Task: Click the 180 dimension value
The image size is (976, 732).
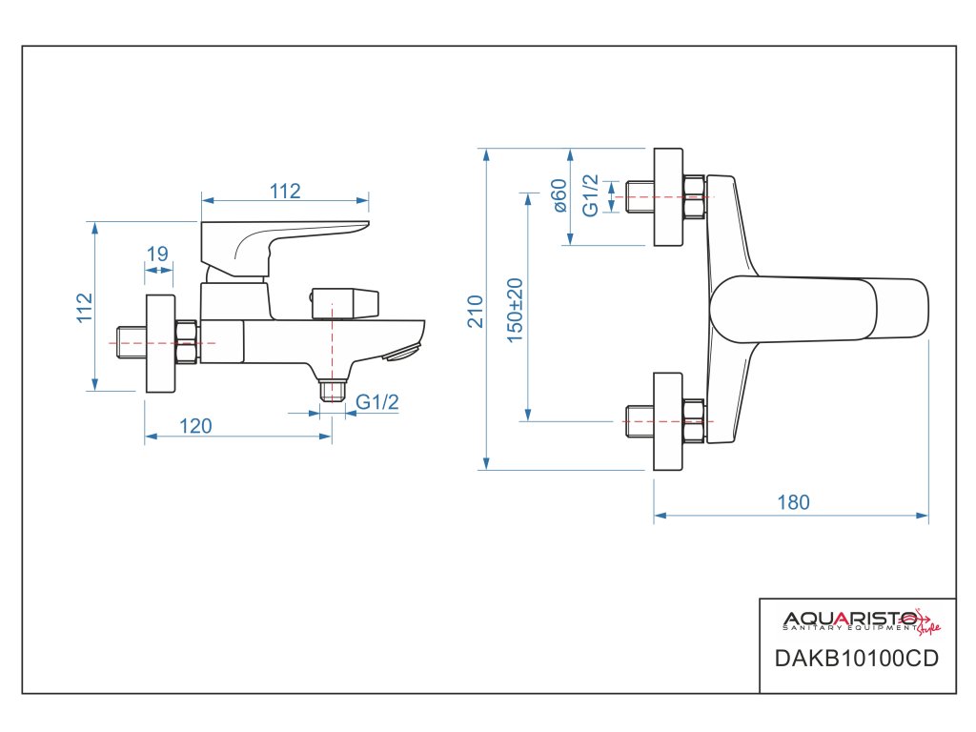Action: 792,502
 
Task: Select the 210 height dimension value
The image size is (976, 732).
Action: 476,312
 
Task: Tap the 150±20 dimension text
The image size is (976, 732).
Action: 515,311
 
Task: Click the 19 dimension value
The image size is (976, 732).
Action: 157,254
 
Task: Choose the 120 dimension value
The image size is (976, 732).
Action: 195,426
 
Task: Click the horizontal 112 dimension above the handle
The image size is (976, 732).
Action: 284,191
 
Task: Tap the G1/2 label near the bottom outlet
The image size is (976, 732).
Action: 377,402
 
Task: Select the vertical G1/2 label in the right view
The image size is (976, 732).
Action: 591,195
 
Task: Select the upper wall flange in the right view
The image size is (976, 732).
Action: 668,196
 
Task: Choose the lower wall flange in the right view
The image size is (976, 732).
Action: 668,420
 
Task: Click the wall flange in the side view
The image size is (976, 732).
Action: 160,343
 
